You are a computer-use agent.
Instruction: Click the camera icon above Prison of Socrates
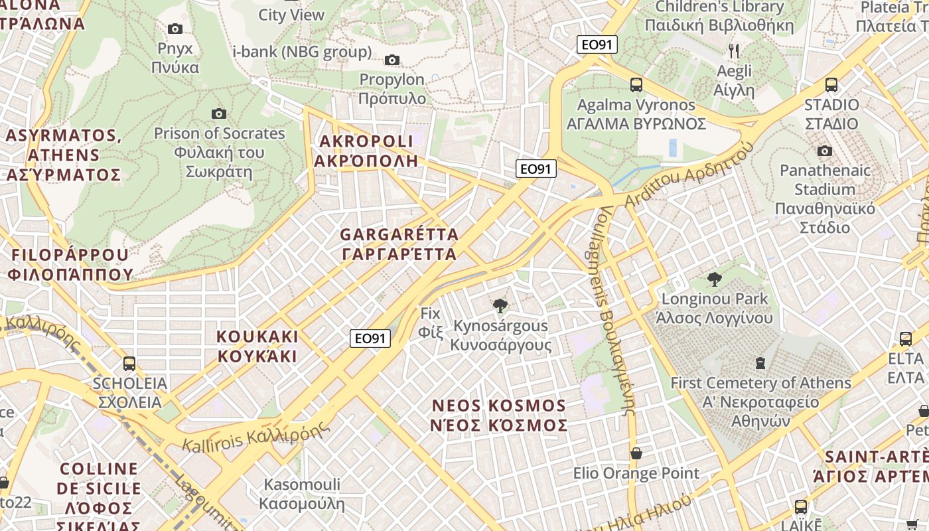click(x=218, y=114)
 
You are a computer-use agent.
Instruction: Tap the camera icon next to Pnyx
click(x=175, y=29)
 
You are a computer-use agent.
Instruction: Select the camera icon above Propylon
click(x=392, y=60)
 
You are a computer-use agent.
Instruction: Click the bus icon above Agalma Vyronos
click(x=636, y=85)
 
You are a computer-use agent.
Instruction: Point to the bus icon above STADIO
click(x=831, y=85)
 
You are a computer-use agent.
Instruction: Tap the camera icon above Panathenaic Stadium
click(x=825, y=151)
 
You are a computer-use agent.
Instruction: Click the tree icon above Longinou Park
click(x=714, y=279)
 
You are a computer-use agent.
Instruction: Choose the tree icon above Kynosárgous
click(x=500, y=305)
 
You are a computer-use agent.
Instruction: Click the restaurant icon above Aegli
click(x=734, y=51)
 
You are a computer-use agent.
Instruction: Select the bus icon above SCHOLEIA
click(x=129, y=364)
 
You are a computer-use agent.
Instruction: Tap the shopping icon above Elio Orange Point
click(x=636, y=453)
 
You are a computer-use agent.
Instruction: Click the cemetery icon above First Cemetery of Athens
click(x=760, y=363)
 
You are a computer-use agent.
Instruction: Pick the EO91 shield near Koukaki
click(x=370, y=339)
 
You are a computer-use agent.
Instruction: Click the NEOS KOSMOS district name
click(x=499, y=415)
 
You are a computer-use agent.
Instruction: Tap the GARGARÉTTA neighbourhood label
click(x=399, y=244)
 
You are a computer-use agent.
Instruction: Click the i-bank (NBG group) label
click(x=302, y=52)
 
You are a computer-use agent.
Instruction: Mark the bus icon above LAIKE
click(x=801, y=507)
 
